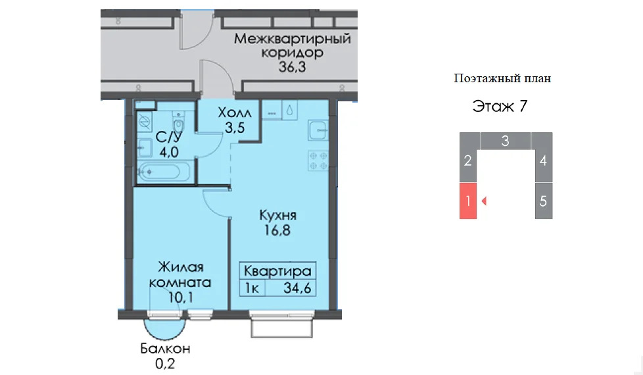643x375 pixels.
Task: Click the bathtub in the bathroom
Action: (163, 172)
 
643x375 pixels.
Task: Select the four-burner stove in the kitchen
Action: (318, 161)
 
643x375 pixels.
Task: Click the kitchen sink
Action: (318, 130)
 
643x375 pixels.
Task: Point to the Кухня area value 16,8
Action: (277, 230)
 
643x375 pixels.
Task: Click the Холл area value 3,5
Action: (235, 128)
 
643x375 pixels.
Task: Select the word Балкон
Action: (165, 349)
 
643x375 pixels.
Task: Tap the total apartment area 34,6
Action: (297, 288)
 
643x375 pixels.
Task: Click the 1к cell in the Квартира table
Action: (252, 288)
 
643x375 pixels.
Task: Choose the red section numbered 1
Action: (468, 201)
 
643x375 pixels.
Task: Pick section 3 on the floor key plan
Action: (506, 141)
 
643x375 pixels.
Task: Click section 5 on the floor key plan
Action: (543, 201)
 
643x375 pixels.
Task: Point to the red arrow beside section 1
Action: (484, 201)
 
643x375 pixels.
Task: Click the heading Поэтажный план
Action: (502, 78)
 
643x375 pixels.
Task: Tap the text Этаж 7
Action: (500, 107)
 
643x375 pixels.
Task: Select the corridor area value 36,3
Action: (292, 67)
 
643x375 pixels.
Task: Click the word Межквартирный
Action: (293, 39)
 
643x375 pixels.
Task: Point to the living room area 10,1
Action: (180, 297)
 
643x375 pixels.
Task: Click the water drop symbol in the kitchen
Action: (289, 110)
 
